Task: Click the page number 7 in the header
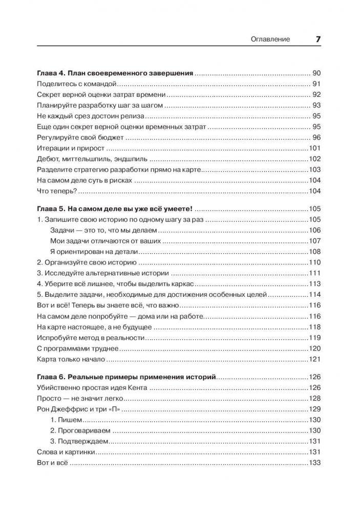coord(317,39)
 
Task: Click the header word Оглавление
coord(270,39)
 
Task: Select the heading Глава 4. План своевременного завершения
coord(115,73)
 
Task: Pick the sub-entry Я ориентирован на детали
coord(95,251)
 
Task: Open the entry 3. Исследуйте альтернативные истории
coord(104,273)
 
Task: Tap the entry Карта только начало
coord(71,359)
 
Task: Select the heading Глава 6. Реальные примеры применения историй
coord(127,377)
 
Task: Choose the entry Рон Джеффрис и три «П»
coord(82,409)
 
